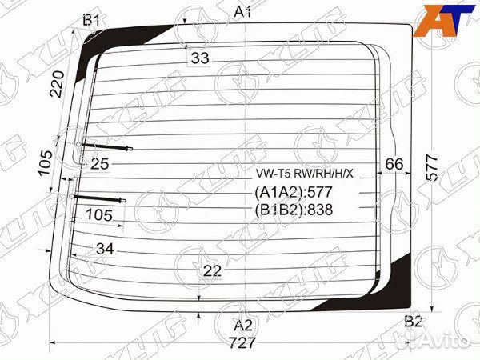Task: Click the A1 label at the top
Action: point(243,11)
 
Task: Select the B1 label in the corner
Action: point(92,20)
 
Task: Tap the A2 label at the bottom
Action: point(243,325)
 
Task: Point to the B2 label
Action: point(413,322)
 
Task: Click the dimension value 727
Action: point(242,343)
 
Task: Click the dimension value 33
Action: point(200,58)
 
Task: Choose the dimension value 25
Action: point(100,165)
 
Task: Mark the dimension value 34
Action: point(105,249)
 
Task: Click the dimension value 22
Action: point(211,271)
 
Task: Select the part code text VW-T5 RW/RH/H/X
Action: point(304,174)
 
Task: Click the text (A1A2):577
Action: point(293,193)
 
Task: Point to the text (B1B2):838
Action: point(293,210)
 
